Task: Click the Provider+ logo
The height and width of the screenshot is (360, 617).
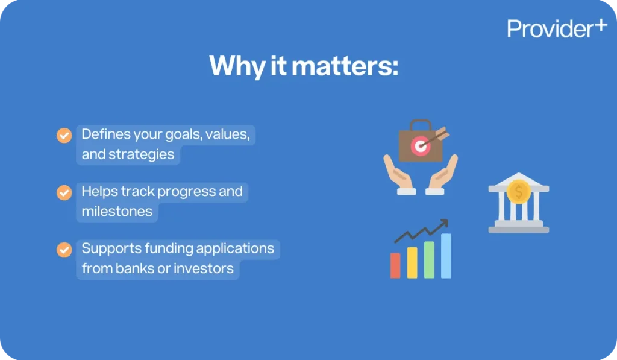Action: click(x=557, y=28)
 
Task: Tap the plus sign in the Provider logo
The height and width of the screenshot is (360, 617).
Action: click(x=601, y=25)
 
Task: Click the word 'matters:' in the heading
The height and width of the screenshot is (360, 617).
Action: click(x=345, y=66)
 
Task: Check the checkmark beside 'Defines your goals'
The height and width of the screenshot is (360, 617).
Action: click(x=64, y=135)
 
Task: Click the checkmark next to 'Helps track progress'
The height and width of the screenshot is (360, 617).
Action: click(x=64, y=192)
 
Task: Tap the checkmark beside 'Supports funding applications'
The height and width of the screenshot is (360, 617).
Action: click(x=64, y=250)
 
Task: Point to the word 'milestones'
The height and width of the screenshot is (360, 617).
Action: click(x=117, y=212)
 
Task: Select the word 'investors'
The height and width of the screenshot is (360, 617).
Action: click(x=204, y=268)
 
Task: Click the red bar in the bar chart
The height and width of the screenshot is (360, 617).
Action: click(x=395, y=265)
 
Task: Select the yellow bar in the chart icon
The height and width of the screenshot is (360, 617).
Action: click(x=412, y=262)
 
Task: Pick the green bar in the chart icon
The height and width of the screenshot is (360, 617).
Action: click(x=429, y=260)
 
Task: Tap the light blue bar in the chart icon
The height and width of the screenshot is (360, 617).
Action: click(x=446, y=256)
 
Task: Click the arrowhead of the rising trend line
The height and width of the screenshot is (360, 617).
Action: click(x=445, y=223)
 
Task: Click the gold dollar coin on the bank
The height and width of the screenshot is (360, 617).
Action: click(x=519, y=192)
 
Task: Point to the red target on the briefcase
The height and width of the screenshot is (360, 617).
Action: click(x=420, y=147)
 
